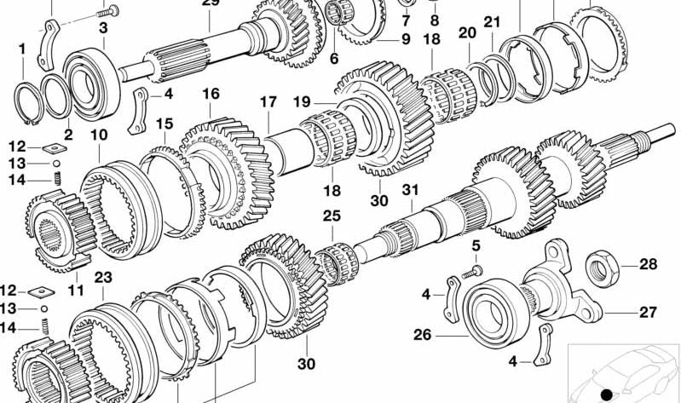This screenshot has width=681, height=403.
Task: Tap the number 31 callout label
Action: (410, 190)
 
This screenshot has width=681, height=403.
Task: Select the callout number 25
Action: (332, 216)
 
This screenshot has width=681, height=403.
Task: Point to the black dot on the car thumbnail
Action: (606, 394)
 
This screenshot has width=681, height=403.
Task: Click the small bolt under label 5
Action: (472, 273)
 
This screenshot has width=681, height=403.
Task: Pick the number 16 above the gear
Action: (211, 94)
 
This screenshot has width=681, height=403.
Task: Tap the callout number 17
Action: (268, 102)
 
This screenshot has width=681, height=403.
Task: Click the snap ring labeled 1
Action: (28, 103)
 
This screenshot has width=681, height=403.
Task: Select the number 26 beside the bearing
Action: (423, 335)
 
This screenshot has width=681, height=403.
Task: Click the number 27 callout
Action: (647, 312)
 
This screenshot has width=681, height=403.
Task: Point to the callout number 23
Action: (103, 277)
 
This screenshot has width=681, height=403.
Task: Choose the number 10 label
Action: (99, 135)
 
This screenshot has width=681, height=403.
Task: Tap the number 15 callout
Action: (164, 124)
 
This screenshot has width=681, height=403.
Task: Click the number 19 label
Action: (302, 102)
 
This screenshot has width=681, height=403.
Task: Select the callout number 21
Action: (492, 21)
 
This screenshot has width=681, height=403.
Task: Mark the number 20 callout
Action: (467, 33)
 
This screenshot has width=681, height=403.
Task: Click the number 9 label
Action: (406, 39)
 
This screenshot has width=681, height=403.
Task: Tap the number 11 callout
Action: (76, 290)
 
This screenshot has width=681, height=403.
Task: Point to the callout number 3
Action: (103, 28)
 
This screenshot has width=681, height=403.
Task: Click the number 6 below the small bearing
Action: (333, 59)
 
